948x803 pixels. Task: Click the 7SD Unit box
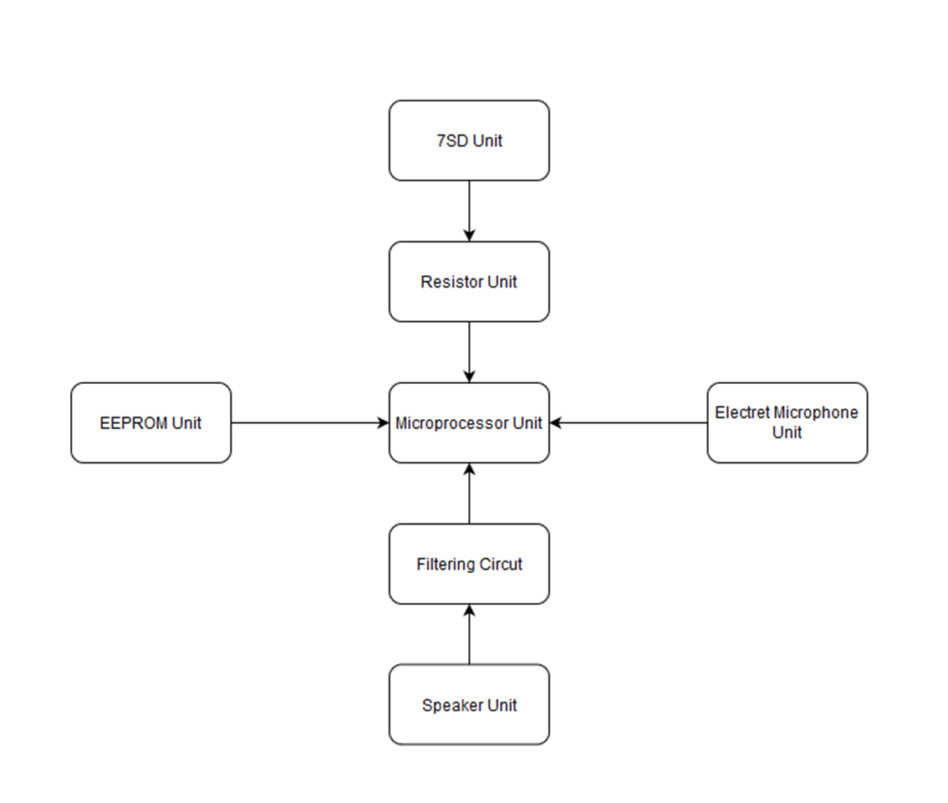[469, 141]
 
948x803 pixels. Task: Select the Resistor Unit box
[469, 282]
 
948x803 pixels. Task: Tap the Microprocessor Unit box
[469, 423]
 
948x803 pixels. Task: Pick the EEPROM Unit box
[150, 423]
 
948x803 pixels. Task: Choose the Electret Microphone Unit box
[787, 423]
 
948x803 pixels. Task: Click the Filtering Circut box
[469, 565]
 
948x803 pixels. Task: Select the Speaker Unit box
[469, 705]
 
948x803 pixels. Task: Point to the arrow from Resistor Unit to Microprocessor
[469, 352]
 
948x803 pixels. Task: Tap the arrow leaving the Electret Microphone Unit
[629, 423]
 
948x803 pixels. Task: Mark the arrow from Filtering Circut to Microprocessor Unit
[469, 494]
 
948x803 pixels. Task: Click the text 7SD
[452, 141]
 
